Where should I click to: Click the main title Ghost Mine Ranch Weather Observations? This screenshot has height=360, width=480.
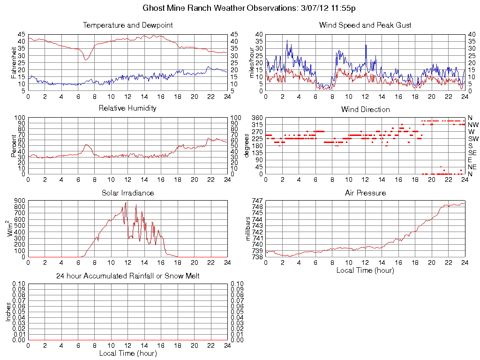pyautogui.click(x=249, y=8)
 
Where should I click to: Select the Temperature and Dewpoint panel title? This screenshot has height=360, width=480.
pyautogui.click(x=127, y=25)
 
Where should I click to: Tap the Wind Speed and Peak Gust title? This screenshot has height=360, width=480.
pyautogui.click(x=365, y=25)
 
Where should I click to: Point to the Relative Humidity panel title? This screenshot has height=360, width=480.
pyautogui.click(x=127, y=108)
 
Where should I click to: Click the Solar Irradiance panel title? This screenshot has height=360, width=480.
pyautogui.click(x=127, y=193)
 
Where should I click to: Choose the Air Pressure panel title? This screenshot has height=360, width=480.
pyautogui.click(x=365, y=193)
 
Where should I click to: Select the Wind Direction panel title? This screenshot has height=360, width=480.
pyautogui.click(x=365, y=110)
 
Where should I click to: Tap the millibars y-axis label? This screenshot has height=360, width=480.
pyautogui.click(x=249, y=229)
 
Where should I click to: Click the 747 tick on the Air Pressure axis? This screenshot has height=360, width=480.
pyautogui.click(x=257, y=201)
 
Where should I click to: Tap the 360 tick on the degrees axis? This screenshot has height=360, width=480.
pyautogui.click(x=257, y=118)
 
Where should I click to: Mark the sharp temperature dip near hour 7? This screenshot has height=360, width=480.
pyautogui.click(x=85, y=60)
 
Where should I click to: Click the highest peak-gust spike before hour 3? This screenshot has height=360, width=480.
pyautogui.click(x=287, y=40)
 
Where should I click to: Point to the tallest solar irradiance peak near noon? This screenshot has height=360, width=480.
pyautogui.click(x=126, y=202)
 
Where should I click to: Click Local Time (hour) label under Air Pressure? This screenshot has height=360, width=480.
pyautogui.click(x=365, y=270)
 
